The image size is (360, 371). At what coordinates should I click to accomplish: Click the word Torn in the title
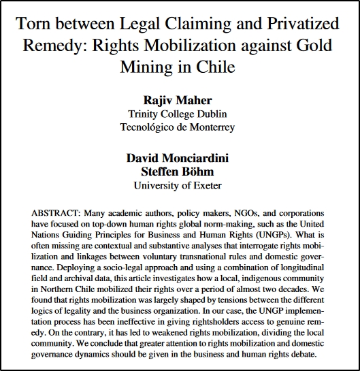coord(32,25)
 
